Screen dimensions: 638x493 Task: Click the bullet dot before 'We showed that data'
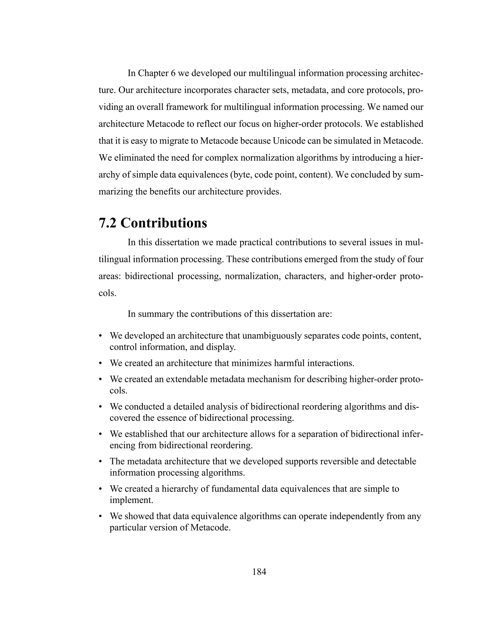100,516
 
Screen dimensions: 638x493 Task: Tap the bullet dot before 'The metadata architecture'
100,462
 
